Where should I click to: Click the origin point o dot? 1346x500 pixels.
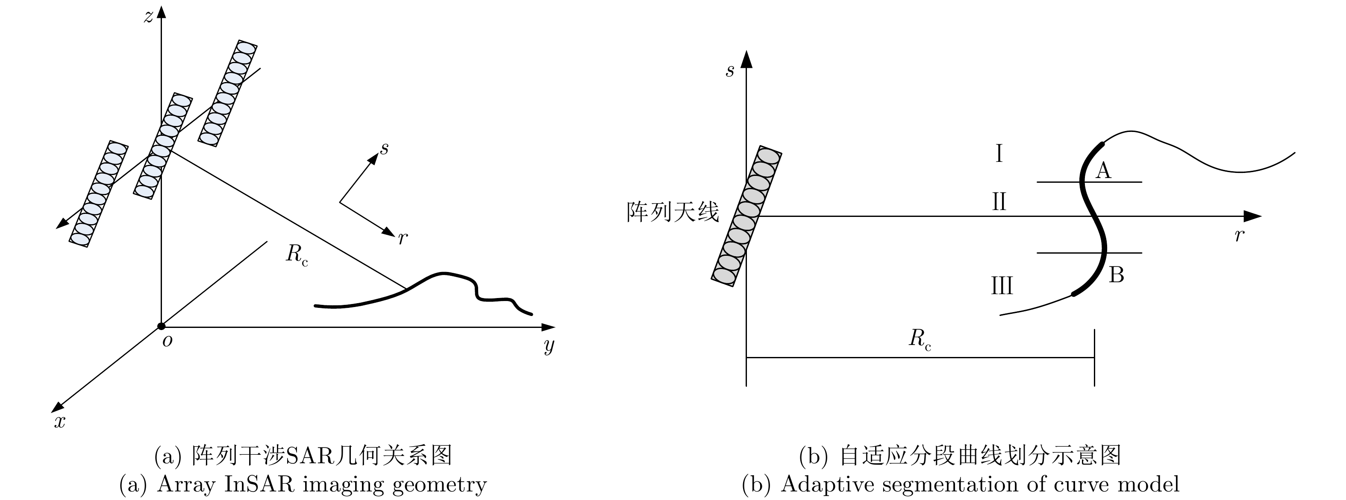click(162, 327)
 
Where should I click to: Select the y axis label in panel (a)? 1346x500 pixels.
click(549, 345)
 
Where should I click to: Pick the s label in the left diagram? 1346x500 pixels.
click(385, 149)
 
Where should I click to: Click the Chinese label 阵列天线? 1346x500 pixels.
click(673, 212)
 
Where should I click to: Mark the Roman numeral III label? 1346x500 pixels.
click(1002, 286)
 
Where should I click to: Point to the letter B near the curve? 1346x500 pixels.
click(1116, 275)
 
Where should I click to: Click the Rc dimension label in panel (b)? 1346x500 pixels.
click(920, 339)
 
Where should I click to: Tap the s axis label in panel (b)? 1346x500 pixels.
click(730, 71)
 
